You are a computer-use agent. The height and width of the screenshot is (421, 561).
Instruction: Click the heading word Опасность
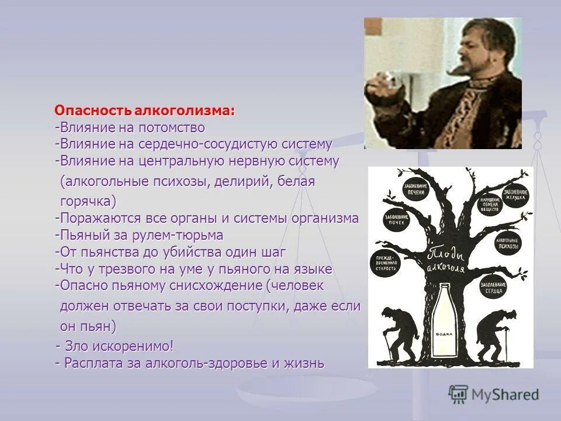tap(93, 111)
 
